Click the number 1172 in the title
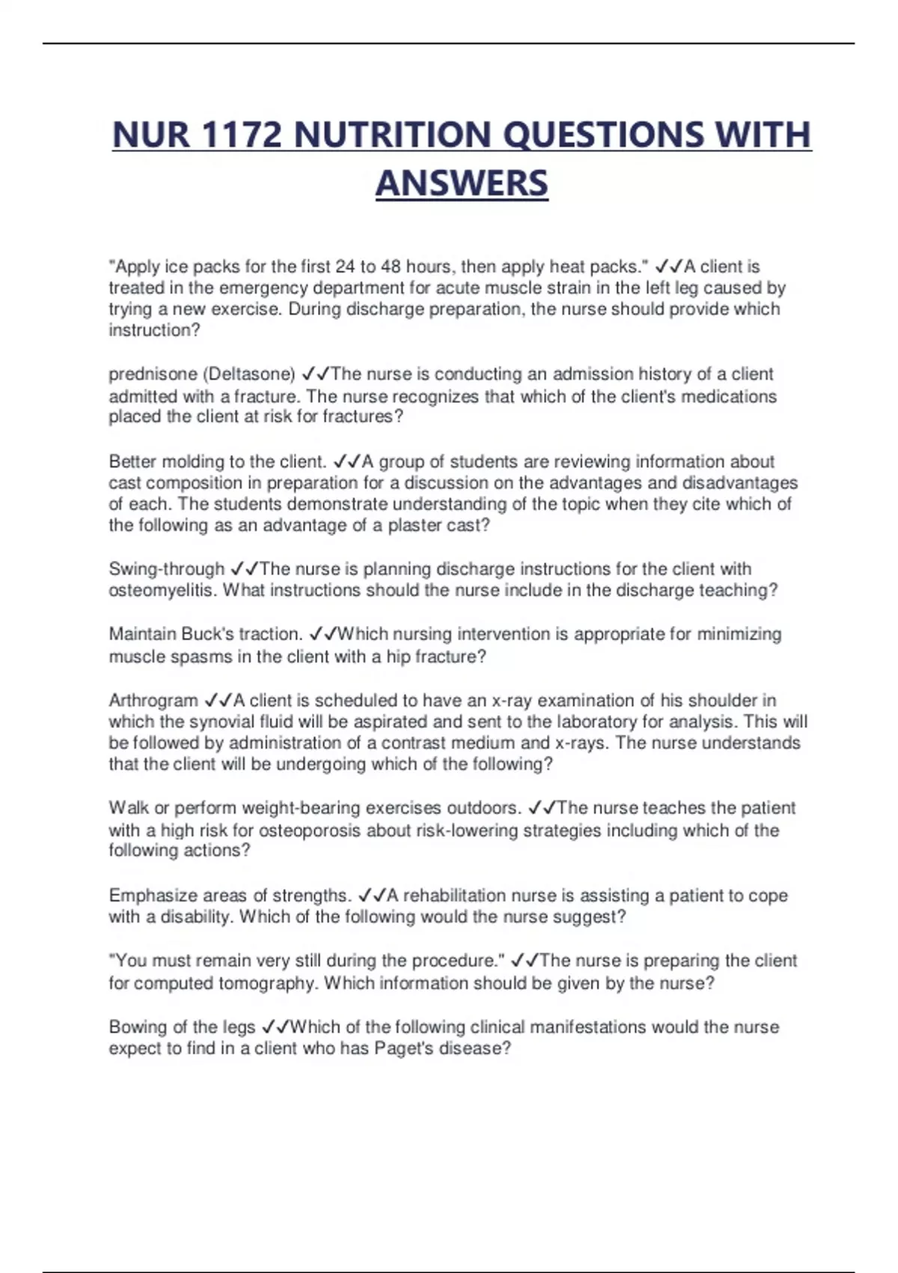241,136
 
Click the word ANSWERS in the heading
462,184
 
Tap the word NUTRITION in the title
392,136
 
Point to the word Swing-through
166,569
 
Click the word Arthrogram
153,701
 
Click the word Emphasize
152,896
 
